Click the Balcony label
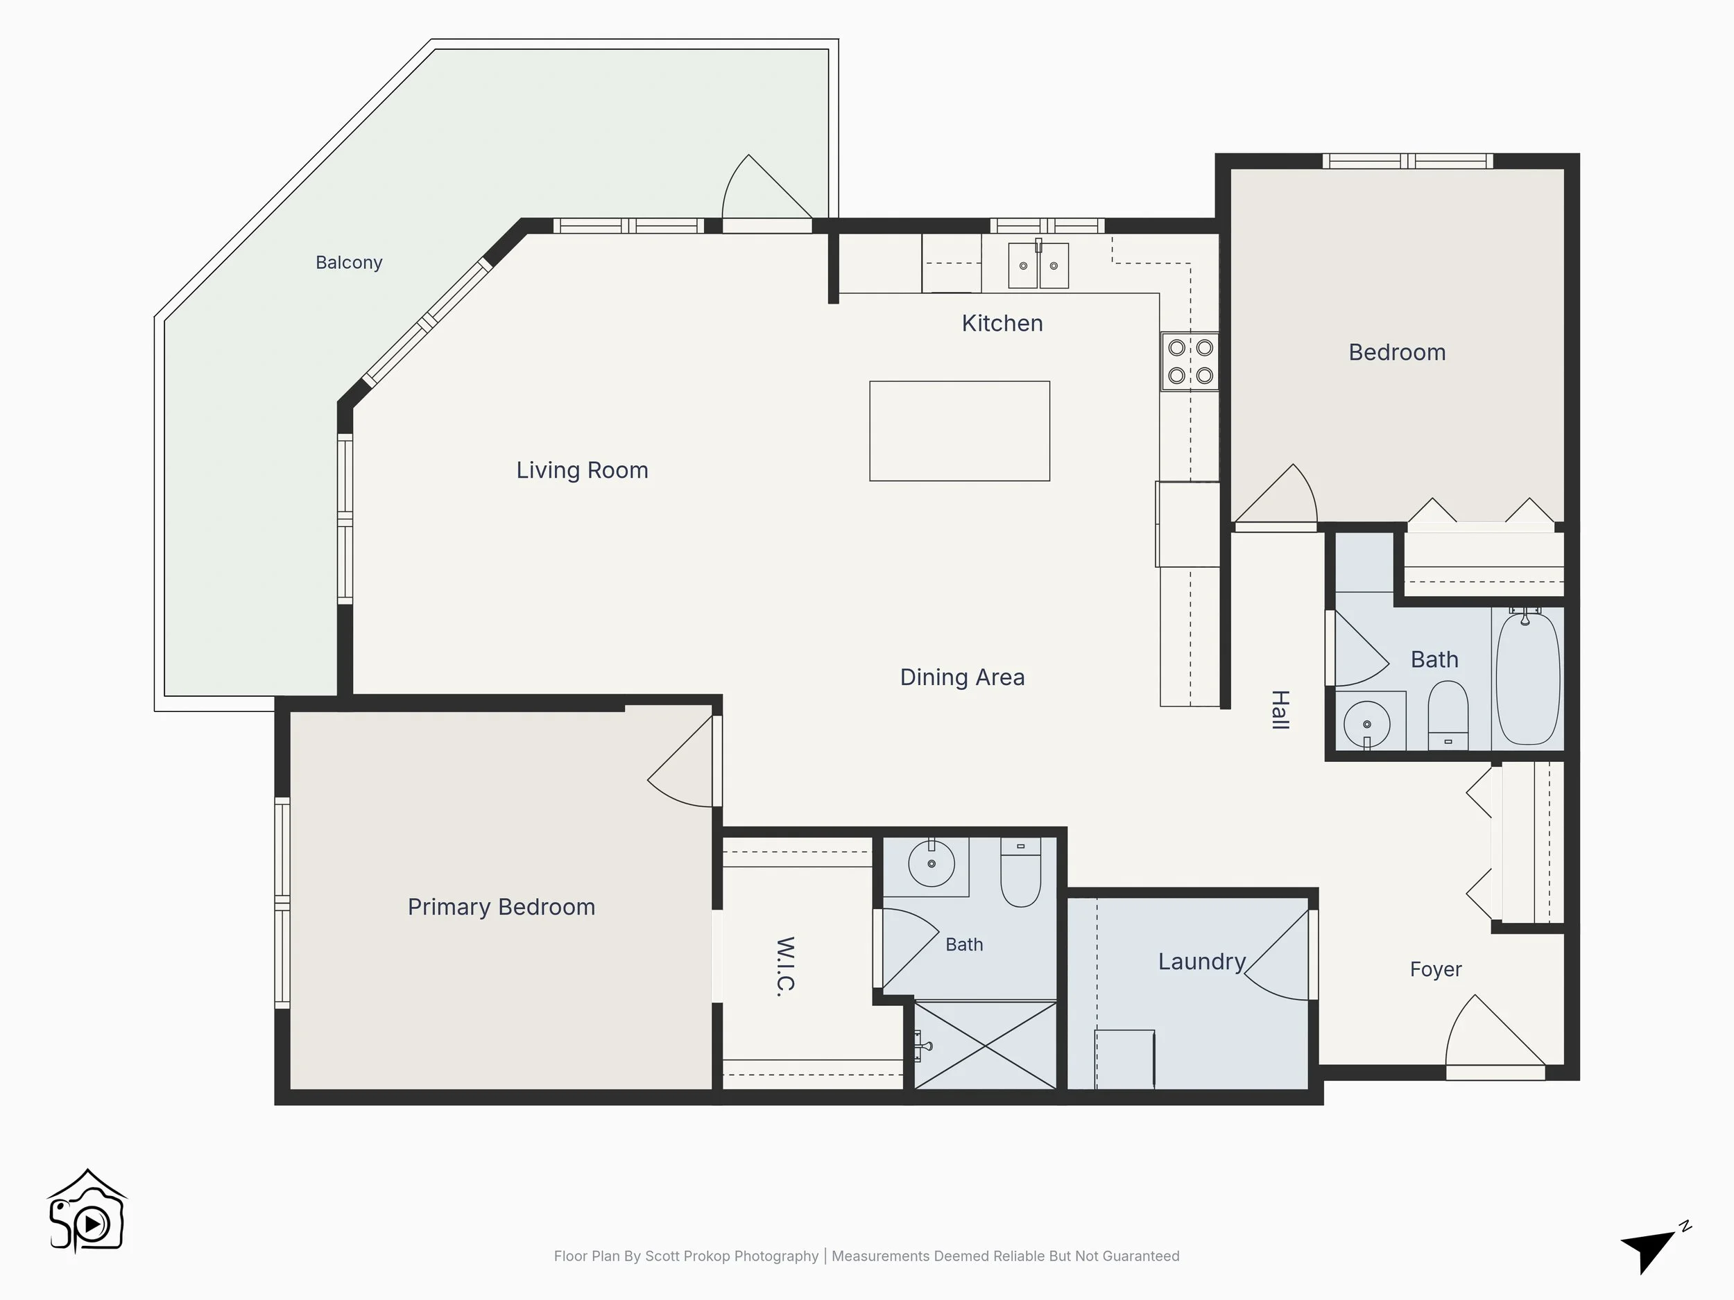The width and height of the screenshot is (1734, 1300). coord(349,263)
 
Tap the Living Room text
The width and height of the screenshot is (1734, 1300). coord(583,470)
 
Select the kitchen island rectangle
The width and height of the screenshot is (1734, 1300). coord(959,431)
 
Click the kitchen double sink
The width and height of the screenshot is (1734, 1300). coord(1038,265)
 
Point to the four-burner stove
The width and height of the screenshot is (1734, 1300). coord(1190,361)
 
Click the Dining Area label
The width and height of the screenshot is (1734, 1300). coord(963,677)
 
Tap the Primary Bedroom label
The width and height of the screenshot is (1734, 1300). coord(501,907)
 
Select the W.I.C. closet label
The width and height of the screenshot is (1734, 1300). coord(785,967)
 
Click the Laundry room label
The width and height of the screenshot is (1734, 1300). coord(1203,962)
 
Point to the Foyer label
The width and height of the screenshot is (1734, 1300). coord(1435,969)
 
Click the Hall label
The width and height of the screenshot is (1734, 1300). coord(1280,710)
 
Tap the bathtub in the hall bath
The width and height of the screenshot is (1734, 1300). coord(1528,679)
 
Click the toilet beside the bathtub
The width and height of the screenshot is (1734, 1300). coord(1448,715)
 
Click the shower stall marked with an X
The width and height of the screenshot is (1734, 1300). coord(986,1046)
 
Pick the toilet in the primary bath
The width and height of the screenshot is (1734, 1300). coord(1021,872)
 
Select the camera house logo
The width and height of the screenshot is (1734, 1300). coord(87,1211)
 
